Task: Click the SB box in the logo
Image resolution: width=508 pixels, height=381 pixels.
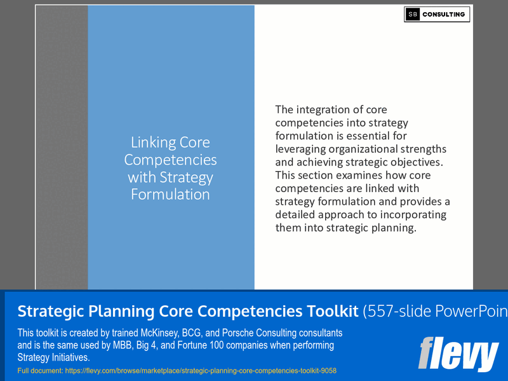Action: (x=413, y=15)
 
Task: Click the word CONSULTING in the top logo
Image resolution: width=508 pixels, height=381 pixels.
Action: (x=444, y=15)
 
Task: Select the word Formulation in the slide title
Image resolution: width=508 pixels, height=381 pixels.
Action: (x=170, y=194)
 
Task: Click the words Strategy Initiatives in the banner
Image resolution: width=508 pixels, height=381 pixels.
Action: (x=53, y=357)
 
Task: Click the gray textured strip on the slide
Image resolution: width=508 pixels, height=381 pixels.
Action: (x=62, y=146)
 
